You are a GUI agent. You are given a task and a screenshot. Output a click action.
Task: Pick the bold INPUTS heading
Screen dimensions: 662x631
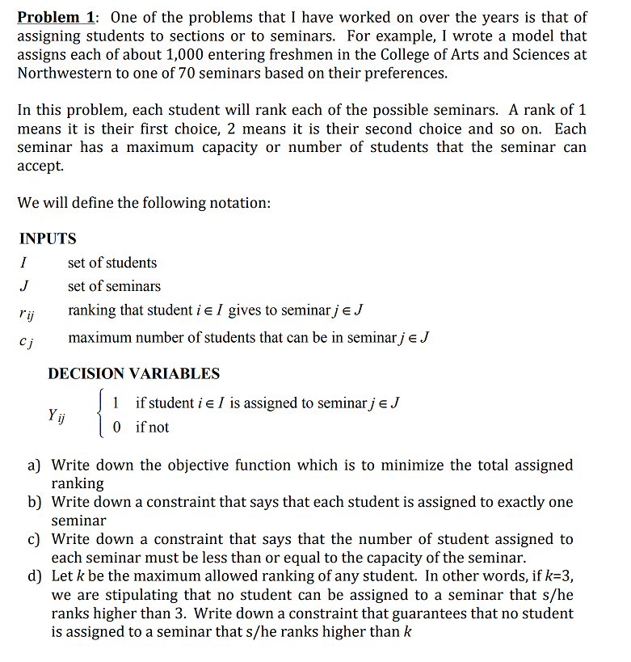(48, 238)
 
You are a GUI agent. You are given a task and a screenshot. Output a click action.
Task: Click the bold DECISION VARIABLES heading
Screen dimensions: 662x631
(133, 373)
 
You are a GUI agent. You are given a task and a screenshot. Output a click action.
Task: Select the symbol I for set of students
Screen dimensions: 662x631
(24, 263)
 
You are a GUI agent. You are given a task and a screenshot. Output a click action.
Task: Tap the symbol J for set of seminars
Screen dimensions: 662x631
(24, 286)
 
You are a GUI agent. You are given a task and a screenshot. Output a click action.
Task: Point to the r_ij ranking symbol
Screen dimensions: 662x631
(26, 311)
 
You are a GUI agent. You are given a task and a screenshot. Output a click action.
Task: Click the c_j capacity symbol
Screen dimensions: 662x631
(26, 339)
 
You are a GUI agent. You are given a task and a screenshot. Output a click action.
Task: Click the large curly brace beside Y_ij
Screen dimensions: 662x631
(100, 415)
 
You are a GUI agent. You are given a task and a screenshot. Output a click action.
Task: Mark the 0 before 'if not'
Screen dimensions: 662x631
(117, 428)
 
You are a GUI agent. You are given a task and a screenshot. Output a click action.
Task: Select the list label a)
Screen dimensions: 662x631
(35, 466)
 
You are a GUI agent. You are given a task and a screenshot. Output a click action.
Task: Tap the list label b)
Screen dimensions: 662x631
(35, 503)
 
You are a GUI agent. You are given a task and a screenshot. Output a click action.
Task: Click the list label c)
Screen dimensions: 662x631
(35, 539)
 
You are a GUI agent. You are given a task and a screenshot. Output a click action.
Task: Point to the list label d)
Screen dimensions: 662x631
(35, 576)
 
